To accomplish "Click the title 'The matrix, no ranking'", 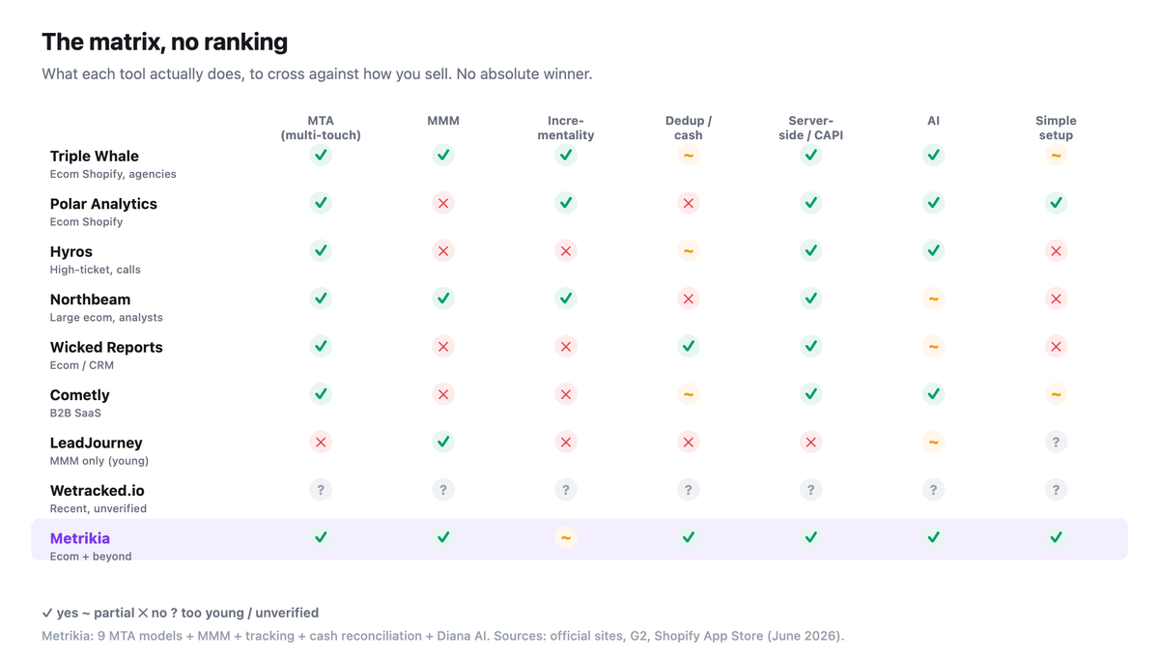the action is point(164,42).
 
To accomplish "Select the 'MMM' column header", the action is point(443,121).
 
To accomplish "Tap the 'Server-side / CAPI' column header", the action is point(810,128).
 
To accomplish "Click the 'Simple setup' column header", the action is point(1056,128).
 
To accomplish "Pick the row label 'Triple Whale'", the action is point(95,156).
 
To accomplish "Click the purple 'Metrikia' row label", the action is point(79,538).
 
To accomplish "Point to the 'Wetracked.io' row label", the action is point(98,490).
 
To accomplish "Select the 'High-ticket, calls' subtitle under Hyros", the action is point(96,270).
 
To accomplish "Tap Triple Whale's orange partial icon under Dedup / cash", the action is point(688,155).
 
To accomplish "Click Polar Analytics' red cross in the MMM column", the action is point(443,203).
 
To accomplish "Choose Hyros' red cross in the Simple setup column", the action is point(1056,250).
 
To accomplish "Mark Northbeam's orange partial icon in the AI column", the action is point(933,299).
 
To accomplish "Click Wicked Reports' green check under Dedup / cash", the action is point(688,346).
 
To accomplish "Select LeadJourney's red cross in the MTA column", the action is point(321,443).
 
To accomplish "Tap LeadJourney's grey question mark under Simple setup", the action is point(1056,443).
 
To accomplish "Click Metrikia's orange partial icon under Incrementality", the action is point(566,537).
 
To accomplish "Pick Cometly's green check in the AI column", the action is point(933,394).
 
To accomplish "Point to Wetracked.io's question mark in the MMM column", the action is point(443,490).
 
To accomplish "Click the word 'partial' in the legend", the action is point(114,613).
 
